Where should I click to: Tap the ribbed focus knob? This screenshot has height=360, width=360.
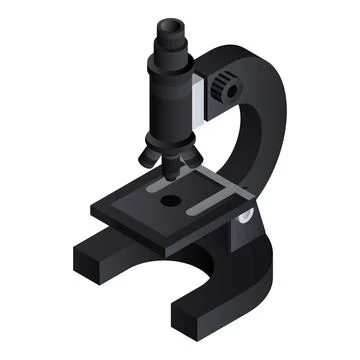(x=222, y=88)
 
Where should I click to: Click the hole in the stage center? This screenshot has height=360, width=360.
(x=170, y=202)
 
